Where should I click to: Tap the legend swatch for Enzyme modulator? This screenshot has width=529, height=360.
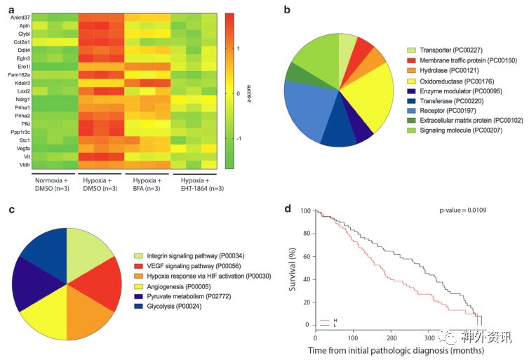tap(413, 91)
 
